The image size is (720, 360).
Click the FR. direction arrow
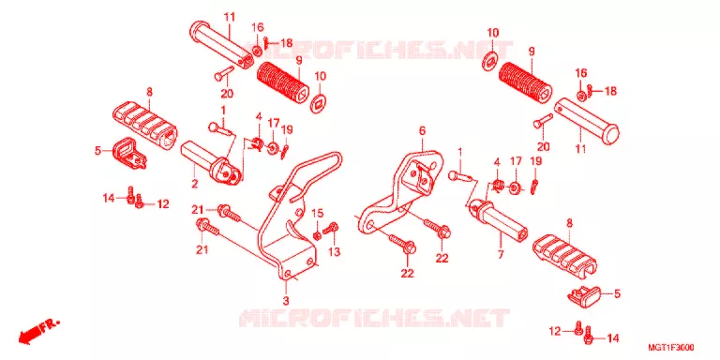39,332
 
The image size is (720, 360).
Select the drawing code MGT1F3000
671,347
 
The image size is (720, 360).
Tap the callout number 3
286,301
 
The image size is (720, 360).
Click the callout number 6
422,131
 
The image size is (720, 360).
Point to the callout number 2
195,184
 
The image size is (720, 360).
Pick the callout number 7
500,254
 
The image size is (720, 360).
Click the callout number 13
335,251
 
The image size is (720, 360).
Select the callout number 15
318,213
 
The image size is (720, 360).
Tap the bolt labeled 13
331,227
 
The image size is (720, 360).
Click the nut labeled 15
317,235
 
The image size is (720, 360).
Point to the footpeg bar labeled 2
210,163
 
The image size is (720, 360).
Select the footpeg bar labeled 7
502,220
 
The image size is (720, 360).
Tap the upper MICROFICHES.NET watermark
379,49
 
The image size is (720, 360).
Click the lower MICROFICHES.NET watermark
374,317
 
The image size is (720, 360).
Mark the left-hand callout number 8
149,92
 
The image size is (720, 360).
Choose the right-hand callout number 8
569,224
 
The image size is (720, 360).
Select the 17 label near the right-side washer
516,161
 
